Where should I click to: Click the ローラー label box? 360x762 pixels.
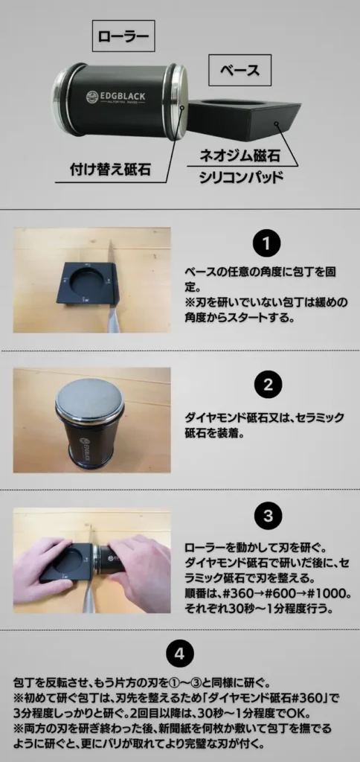[123, 36]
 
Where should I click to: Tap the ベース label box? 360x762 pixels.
[240, 70]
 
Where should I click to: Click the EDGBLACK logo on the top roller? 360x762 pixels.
[115, 96]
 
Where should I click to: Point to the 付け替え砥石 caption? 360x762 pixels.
[110, 170]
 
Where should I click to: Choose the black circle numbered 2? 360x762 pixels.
[269, 385]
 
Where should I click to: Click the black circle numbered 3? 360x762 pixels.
[269, 516]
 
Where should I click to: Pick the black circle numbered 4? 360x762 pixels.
[180, 654]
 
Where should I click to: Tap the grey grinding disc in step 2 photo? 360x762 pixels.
[89, 399]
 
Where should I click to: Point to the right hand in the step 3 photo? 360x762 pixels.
[138, 574]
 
